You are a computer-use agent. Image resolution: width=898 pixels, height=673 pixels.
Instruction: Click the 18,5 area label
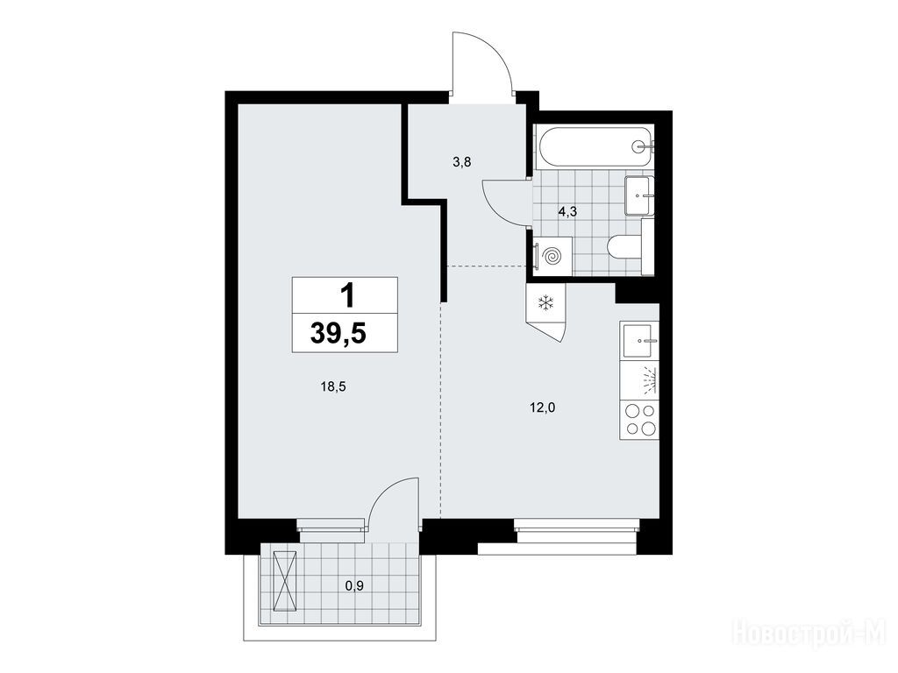[x=333, y=386]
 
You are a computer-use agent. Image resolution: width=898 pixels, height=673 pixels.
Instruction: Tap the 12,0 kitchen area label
[x=543, y=407]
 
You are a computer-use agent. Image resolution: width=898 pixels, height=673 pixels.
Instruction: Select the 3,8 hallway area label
[x=461, y=162]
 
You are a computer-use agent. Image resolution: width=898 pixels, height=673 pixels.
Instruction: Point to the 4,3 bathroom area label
[x=567, y=211]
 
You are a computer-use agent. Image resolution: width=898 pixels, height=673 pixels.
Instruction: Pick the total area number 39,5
[x=338, y=333]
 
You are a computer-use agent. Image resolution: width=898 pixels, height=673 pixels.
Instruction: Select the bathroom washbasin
[x=639, y=195]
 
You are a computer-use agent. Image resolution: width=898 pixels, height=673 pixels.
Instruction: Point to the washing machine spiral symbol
[x=552, y=256]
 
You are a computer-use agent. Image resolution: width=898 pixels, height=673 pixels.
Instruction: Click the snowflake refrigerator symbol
[x=545, y=302]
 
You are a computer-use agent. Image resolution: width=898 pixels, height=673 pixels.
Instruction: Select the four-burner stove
[x=639, y=420]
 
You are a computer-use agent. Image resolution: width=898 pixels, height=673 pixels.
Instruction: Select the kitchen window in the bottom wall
[x=577, y=525]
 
